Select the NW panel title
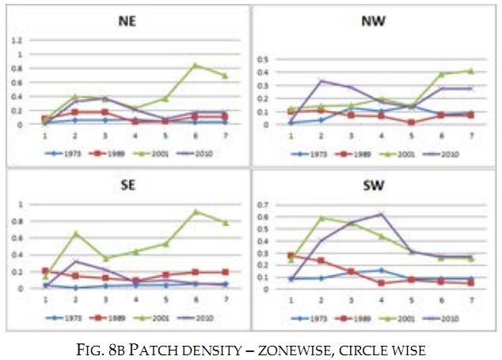pos(372,21)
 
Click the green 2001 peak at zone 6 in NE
pos(196,65)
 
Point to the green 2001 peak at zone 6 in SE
pos(196,211)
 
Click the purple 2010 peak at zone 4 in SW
pos(381,214)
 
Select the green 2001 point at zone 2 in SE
pos(76,233)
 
